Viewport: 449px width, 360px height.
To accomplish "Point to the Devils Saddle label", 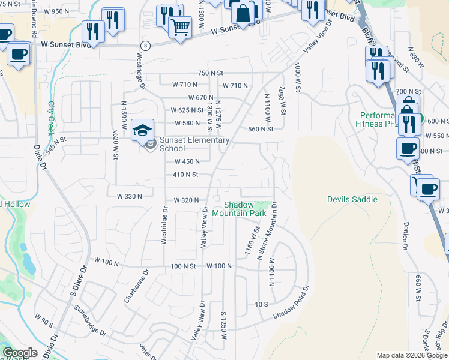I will click(352, 199).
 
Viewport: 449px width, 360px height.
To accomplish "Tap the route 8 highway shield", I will click(145, 46).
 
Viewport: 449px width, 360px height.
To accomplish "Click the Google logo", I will click(20, 353).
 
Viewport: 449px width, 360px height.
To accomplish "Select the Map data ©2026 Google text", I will click(411, 355).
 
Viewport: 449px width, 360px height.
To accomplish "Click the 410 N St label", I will click(185, 175).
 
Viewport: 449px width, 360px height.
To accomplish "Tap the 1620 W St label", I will click(115, 145).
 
